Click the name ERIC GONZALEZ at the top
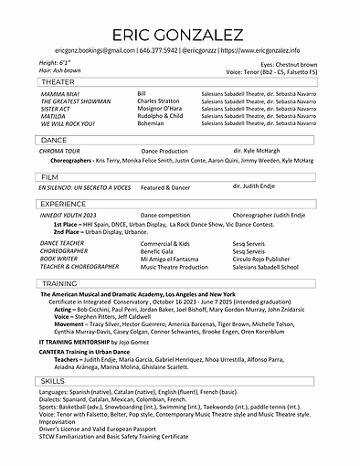180,34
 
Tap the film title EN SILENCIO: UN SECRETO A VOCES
85,186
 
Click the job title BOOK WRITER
59,259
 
